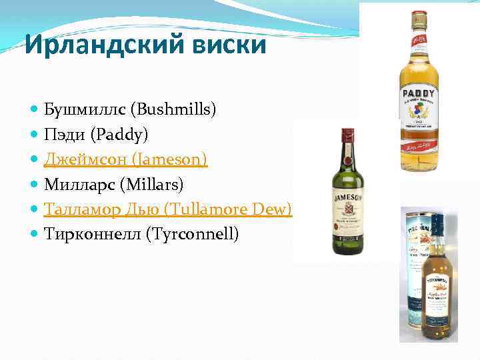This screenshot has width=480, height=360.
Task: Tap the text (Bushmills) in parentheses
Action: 175,109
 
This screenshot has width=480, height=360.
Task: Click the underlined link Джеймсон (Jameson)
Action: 126,159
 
